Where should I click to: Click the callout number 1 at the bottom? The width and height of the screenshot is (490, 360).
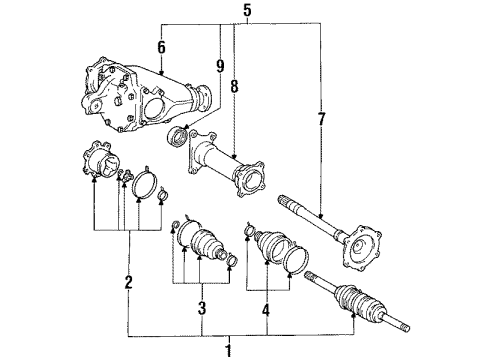229,349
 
